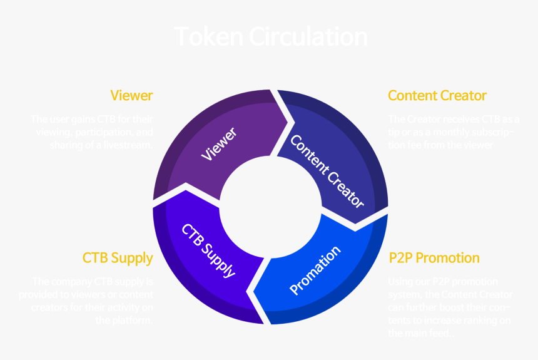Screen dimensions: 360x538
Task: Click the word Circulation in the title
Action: [x=308, y=36]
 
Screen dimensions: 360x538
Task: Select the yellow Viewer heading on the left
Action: [x=131, y=96]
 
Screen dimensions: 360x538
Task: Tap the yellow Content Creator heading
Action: [x=437, y=96]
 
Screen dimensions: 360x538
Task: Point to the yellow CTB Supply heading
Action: [x=118, y=258]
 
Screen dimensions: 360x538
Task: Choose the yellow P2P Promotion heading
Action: [x=434, y=258]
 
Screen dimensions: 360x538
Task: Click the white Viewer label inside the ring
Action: [x=219, y=145]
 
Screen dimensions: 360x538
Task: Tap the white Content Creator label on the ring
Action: [x=327, y=170]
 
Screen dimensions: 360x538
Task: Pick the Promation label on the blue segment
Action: [x=315, y=270]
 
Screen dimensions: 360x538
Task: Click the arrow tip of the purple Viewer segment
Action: [x=290, y=116]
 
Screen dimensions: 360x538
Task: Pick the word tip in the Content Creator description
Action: [x=394, y=133]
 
